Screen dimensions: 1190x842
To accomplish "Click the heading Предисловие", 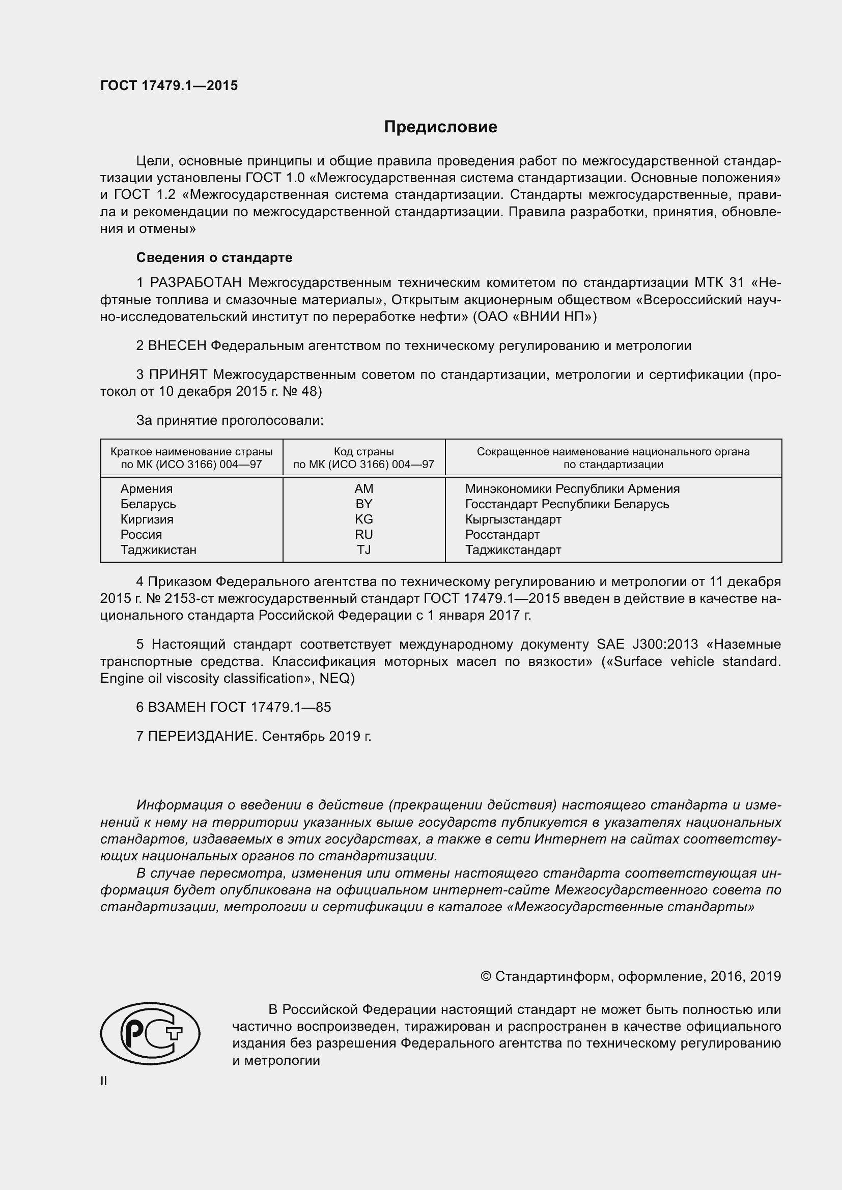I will click(x=440, y=127).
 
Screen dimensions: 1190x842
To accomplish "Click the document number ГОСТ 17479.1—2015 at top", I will click(x=169, y=85).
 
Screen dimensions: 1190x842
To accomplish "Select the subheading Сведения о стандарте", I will click(x=214, y=257).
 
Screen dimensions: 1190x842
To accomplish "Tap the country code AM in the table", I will click(x=364, y=489).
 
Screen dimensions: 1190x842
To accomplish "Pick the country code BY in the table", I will click(x=364, y=504).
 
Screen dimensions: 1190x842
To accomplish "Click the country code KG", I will click(x=364, y=519).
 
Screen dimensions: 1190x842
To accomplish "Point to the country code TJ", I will click(x=364, y=550).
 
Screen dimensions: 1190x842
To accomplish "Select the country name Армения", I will click(x=147, y=489).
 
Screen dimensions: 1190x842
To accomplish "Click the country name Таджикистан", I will click(x=159, y=550).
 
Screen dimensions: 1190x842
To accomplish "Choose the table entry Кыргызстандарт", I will click(x=513, y=519).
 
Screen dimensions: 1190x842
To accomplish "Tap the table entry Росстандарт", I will click(x=502, y=534).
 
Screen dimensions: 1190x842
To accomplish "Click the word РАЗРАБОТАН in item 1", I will click(x=196, y=282).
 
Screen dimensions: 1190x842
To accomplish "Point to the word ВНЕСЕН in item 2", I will click(x=177, y=345).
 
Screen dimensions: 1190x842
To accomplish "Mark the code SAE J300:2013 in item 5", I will click(x=648, y=645).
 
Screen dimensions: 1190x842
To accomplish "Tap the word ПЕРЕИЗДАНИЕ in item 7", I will click(x=202, y=736).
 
